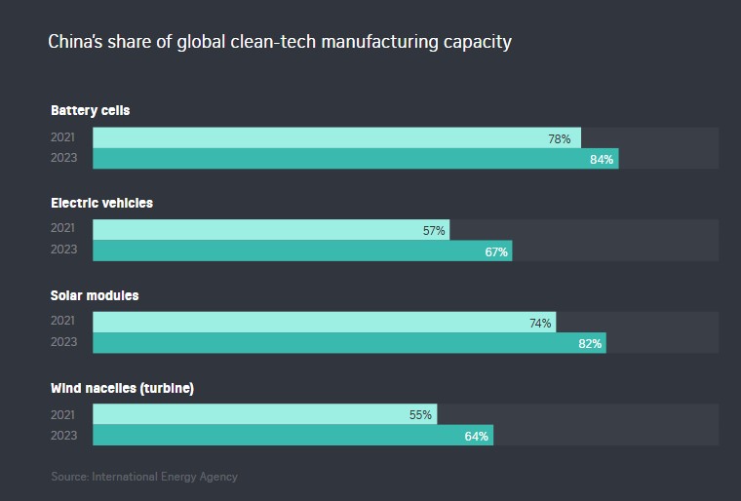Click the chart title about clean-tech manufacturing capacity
(280, 43)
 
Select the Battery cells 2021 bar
(336, 138)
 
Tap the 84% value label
(602, 159)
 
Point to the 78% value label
(560, 138)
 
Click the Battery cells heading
(90, 110)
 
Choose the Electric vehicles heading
(101, 203)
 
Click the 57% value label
(435, 231)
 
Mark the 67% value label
(496, 251)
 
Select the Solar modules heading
(95, 295)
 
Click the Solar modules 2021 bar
(322, 323)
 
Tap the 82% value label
(590, 343)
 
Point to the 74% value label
(541, 323)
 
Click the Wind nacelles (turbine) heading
(122, 388)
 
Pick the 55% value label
(420, 415)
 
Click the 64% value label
(477, 436)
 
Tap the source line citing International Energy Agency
(144, 477)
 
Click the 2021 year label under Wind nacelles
(62, 415)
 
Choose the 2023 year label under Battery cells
(62, 159)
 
